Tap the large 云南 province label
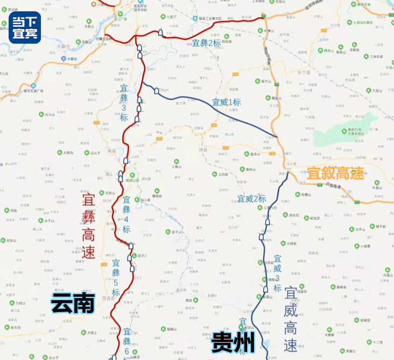pos(73,304)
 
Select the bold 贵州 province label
pos(233,342)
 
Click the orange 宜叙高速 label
pos(335,174)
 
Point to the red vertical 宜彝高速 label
pos(88,226)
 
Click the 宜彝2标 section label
pos(207,42)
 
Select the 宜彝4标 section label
pos(126,214)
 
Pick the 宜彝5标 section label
pos(116,278)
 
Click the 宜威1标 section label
pos(226,102)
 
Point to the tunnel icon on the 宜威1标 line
pos(157,91)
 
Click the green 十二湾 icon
pos(367,342)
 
